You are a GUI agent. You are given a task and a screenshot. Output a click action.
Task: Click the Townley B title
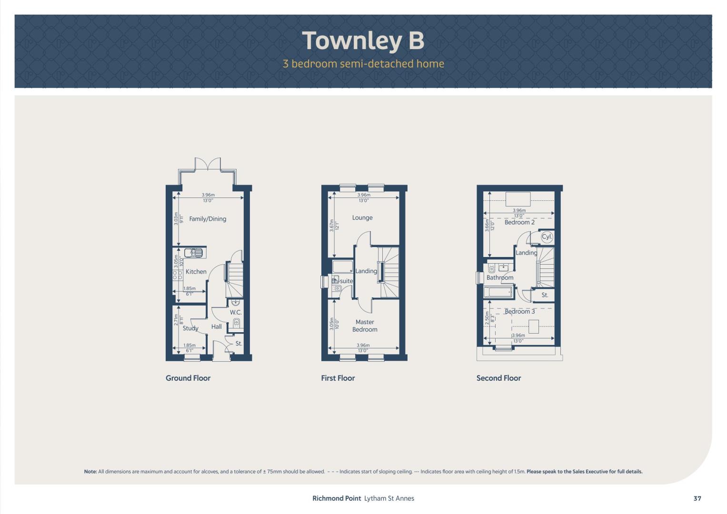(363, 41)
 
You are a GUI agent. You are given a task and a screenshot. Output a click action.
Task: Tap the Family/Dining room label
(208, 219)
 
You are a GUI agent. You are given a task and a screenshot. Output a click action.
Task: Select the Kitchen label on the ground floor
(196, 272)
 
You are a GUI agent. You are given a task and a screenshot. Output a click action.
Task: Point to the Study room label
(190, 328)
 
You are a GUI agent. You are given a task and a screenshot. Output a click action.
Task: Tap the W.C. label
(236, 313)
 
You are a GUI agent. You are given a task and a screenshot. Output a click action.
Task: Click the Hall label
(217, 326)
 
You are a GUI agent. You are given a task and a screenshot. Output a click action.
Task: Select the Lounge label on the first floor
(362, 217)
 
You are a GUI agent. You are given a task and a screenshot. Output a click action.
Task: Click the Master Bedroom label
(365, 326)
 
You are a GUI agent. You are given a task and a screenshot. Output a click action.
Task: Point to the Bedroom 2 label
(519, 222)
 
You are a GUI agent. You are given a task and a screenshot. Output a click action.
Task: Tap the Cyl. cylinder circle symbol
(547, 237)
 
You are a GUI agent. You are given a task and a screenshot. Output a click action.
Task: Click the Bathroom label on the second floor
(500, 277)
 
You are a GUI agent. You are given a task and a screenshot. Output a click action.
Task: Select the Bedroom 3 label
(519, 311)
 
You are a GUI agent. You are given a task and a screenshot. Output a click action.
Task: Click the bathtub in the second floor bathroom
(498, 292)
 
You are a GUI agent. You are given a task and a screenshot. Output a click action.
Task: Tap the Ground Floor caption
(188, 378)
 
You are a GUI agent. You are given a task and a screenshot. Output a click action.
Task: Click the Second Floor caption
(498, 378)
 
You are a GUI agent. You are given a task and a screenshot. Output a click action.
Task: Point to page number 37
(697, 498)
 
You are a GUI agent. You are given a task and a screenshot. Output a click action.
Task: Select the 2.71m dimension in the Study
(176, 320)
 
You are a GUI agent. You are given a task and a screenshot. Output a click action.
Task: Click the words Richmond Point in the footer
(337, 498)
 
